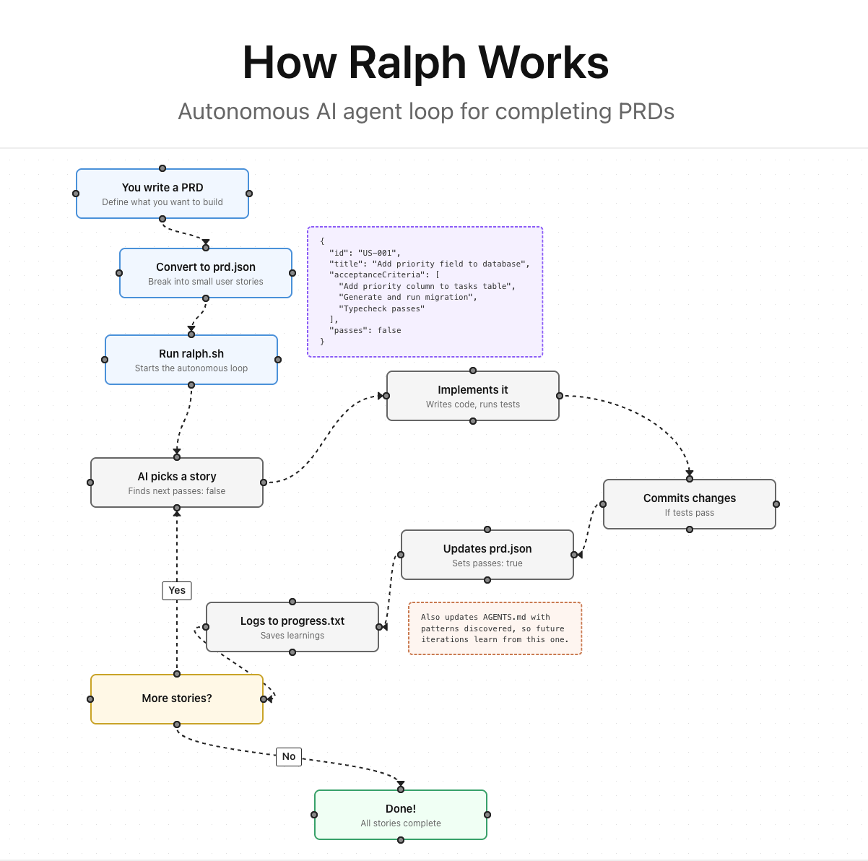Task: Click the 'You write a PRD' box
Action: click(162, 194)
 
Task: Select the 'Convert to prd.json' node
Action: click(206, 273)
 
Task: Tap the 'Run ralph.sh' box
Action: click(191, 360)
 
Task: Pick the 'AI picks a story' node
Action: click(177, 483)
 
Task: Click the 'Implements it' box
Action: click(473, 396)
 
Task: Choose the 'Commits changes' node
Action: click(690, 504)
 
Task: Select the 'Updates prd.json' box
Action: click(487, 555)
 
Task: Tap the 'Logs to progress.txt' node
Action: click(292, 627)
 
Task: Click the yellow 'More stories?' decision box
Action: click(177, 699)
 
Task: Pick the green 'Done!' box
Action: click(401, 815)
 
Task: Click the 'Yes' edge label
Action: click(177, 590)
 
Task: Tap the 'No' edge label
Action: click(289, 756)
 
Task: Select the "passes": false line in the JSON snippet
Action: click(365, 330)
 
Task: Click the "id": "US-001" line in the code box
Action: click(364, 253)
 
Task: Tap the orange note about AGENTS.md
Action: click(495, 628)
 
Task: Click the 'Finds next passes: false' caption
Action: click(177, 491)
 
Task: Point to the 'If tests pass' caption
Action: click(690, 513)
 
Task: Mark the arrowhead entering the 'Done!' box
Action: click(401, 784)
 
